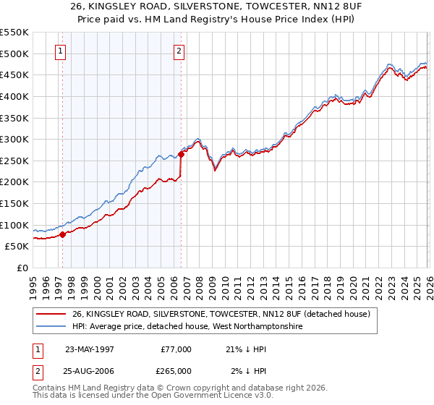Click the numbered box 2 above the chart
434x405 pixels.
178,51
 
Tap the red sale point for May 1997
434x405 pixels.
63,234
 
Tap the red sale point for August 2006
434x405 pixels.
181,154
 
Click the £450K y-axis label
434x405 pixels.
14,74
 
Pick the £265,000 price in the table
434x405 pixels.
176,371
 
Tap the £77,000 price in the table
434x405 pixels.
176,349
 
